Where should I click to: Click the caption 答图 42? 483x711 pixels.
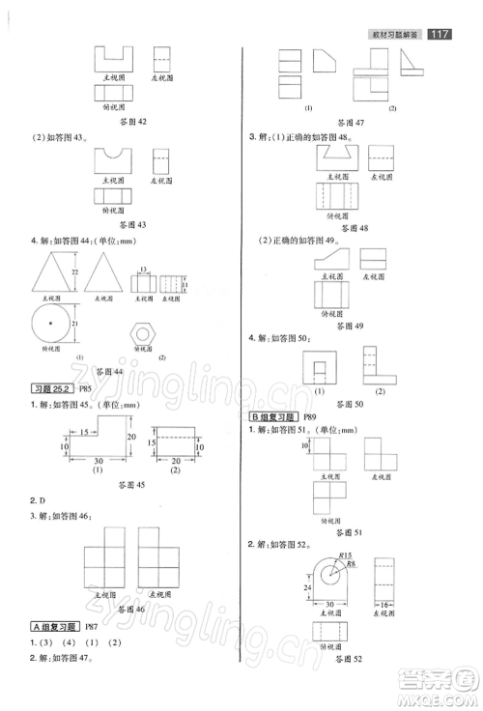[128, 123]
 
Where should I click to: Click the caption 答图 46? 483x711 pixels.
[128, 610]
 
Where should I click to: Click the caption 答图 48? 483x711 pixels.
[344, 228]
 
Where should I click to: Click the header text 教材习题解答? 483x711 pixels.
[396, 36]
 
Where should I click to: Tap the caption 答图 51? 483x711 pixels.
[344, 531]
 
